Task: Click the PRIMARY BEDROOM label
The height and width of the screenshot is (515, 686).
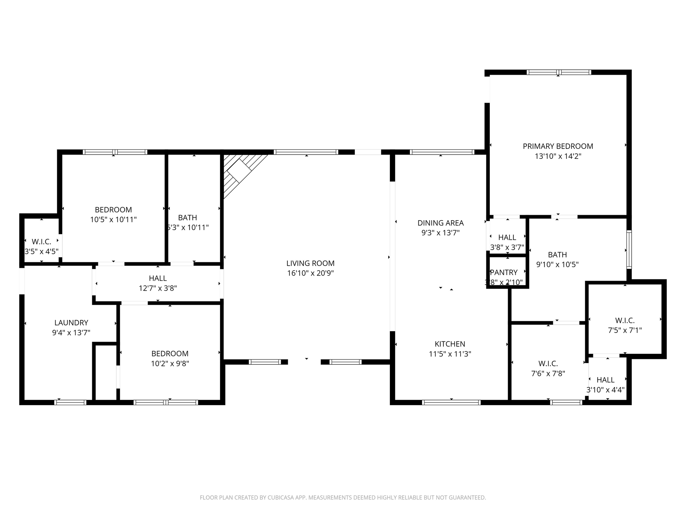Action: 558,146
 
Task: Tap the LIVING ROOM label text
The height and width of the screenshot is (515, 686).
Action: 310,263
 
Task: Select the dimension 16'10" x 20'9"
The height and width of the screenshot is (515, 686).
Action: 310,273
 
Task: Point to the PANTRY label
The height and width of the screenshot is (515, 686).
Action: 503,272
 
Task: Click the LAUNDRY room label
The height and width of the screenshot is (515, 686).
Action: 71,323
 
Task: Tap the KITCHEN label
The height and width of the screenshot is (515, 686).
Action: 450,344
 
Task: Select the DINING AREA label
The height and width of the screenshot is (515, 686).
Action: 440,223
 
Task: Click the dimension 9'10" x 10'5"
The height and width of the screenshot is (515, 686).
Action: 557,265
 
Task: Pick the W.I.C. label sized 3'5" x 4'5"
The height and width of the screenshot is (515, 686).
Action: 41,241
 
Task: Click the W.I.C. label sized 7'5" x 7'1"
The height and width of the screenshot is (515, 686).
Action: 625,320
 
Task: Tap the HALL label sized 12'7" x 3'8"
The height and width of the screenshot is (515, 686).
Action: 158,278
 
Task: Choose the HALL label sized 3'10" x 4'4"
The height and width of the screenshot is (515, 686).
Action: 605,380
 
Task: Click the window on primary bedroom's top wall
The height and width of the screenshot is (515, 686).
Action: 558,72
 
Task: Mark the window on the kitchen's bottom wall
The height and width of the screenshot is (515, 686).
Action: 451,402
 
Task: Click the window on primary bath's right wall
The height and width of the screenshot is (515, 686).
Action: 629,249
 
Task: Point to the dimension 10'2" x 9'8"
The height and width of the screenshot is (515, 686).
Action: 170,363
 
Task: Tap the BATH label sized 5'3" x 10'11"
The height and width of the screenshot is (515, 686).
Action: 187,218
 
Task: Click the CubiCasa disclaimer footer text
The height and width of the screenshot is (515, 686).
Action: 343,498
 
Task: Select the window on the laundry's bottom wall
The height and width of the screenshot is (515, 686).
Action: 70,402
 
